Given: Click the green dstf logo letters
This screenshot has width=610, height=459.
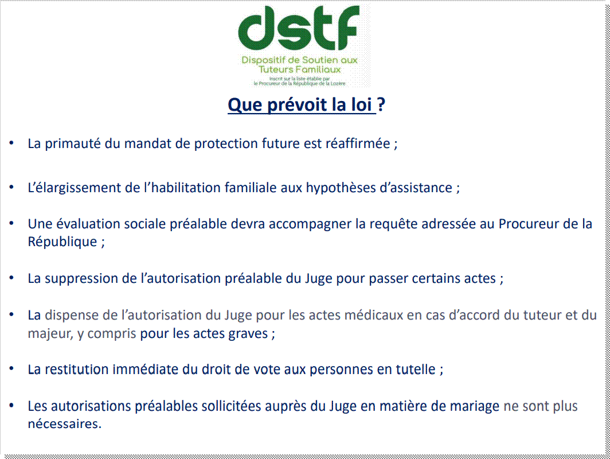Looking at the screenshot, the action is [299, 28].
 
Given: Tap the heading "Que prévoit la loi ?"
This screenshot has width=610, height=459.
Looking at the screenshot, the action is [306, 104].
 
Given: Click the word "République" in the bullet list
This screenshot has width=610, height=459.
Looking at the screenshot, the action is [62, 242].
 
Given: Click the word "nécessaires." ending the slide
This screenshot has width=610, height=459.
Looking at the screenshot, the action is [65, 423].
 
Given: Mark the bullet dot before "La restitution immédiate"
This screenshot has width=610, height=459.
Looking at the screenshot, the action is [11, 368].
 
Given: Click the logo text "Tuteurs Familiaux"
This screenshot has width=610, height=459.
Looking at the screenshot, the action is [299, 69].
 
